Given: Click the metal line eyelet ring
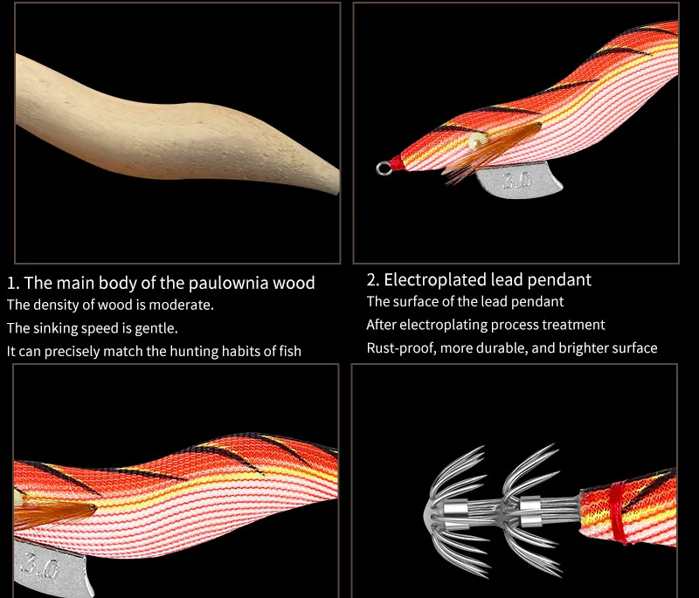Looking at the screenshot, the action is pyautogui.click(x=382, y=168).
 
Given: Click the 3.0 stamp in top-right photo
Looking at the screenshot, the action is pyautogui.click(x=517, y=181).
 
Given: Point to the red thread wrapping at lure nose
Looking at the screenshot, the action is pyautogui.click(x=397, y=163).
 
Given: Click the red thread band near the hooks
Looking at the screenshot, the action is pyautogui.click(x=619, y=513).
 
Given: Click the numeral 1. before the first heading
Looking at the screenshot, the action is pyautogui.click(x=13, y=283).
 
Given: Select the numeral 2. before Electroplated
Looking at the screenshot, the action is pyautogui.click(x=373, y=279).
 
